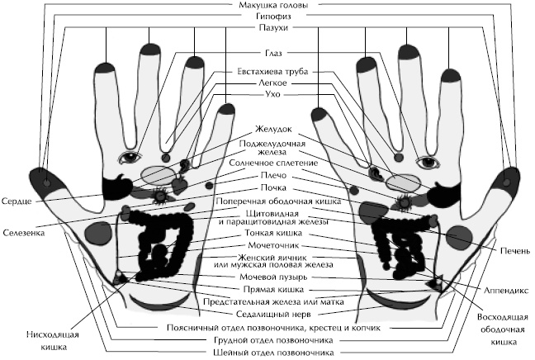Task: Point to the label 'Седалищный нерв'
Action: click(x=269, y=314)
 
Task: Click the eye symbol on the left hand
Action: click(x=130, y=155)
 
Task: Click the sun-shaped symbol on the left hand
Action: click(x=160, y=196)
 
